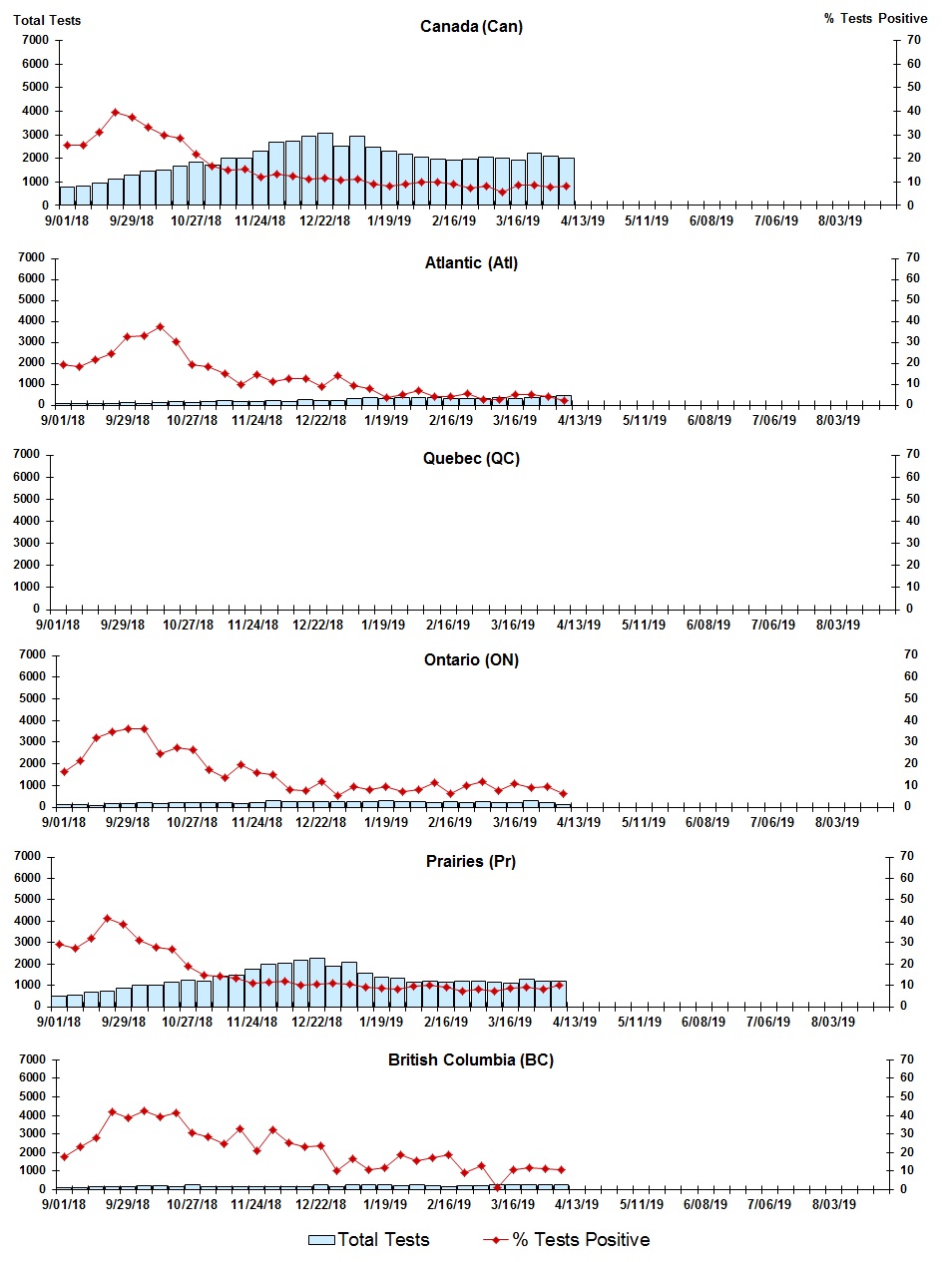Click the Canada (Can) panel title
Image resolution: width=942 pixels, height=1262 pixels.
click(x=471, y=27)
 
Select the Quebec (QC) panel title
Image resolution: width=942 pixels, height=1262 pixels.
click(x=471, y=459)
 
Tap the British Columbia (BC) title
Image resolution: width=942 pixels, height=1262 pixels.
click(x=471, y=1059)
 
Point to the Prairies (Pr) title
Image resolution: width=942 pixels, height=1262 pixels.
click(x=471, y=861)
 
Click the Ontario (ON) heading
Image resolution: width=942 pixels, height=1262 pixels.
click(x=471, y=659)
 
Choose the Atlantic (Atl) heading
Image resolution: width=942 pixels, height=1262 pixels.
click(x=471, y=263)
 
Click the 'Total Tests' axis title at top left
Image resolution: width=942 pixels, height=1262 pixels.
click(x=47, y=20)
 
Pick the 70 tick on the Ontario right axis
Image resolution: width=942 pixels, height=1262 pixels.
click(x=909, y=654)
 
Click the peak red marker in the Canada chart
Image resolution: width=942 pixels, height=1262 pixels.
click(x=115, y=112)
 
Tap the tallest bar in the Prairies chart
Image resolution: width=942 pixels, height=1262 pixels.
click(x=316, y=982)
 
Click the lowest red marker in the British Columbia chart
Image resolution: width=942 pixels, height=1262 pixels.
click(x=497, y=1187)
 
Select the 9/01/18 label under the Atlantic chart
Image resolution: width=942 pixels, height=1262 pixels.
click(x=63, y=420)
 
